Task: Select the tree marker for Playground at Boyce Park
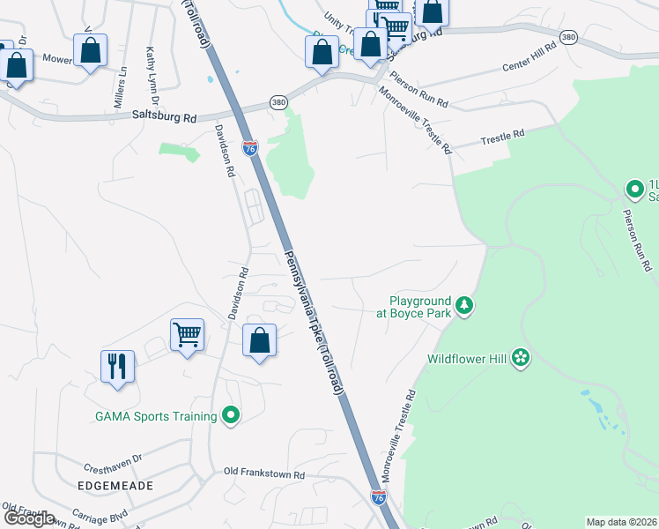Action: [x=464, y=307]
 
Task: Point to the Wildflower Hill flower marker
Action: [x=521, y=358]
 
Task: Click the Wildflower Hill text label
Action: [x=467, y=359]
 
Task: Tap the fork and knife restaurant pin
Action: [x=118, y=366]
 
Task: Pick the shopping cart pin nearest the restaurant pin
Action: [x=187, y=335]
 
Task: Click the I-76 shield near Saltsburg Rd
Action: [x=250, y=147]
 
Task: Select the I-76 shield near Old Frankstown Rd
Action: [x=378, y=498]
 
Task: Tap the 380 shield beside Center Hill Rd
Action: [x=568, y=37]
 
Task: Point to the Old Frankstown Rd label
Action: [x=264, y=474]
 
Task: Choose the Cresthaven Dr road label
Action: [x=113, y=468]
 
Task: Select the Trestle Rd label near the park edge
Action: [x=502, y=135]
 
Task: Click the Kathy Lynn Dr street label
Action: [x=151, y=70]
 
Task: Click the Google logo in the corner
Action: [x=28, y=518]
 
